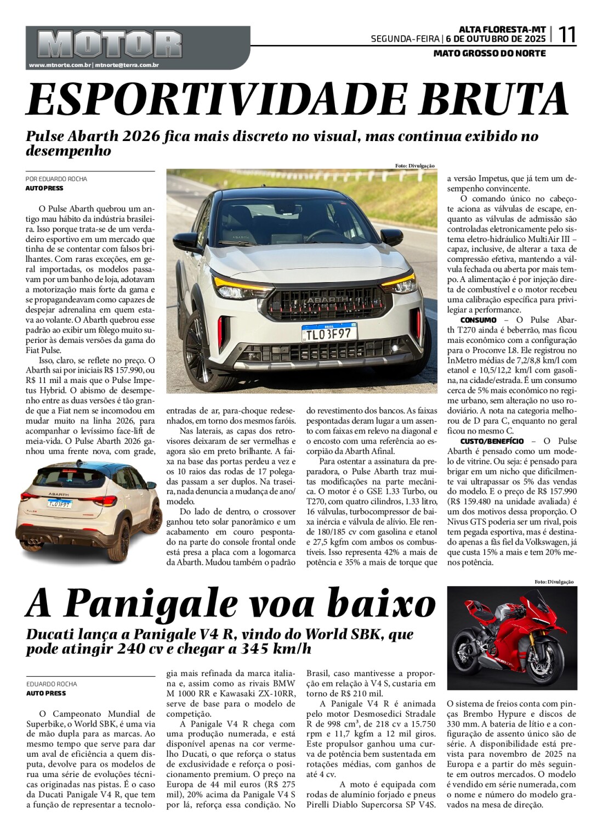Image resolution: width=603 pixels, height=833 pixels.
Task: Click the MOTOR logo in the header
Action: [110, 43]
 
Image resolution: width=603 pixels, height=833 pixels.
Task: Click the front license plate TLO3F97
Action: [329, 333]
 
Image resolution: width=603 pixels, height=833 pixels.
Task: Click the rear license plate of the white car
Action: [59, 503]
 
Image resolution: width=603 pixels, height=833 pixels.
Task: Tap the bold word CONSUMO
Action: [478, 320]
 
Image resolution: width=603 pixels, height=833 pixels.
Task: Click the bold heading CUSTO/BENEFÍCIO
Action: [492, 441]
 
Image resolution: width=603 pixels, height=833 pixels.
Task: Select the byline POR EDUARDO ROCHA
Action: [56, 179]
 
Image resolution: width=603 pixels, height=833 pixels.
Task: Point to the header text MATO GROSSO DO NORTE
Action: [490, 53]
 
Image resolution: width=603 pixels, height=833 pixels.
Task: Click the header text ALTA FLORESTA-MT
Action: [502, 29]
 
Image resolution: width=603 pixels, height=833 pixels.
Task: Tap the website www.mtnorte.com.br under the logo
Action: [60, 65]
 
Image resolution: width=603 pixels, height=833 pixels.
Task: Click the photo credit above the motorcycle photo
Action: [554, 582]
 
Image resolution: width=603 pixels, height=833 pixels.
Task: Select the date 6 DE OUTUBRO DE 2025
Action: [496, 39]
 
